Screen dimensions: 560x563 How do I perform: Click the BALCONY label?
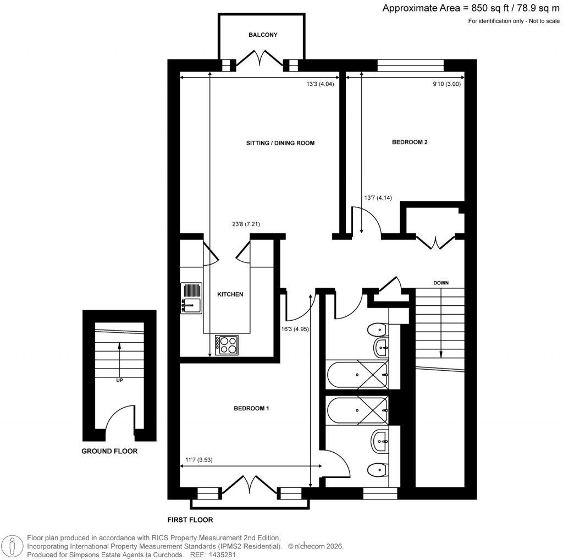pyautogui.click(x=263, y=35)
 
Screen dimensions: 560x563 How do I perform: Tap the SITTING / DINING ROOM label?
pyautogui.click(x=280, y=143)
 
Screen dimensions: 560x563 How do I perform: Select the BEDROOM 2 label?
pyautogui.click(x=410, y=142)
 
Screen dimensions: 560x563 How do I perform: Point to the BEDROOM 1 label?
pyautogui.click(x=251, y=408)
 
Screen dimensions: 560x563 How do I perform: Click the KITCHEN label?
pyautogui.click(x=230, y=294)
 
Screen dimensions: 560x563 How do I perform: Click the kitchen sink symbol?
pyautogui.click(x=190, y=299)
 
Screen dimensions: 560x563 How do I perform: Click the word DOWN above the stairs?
pyautogui.click(x=441, y=283)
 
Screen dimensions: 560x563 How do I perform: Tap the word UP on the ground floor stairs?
pyautogui.click(x=119, y=380)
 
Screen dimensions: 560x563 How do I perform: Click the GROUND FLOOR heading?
pyautogui.click(x=109, y=452)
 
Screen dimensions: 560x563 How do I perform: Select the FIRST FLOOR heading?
pyautogui.click(x=190, y=519)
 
